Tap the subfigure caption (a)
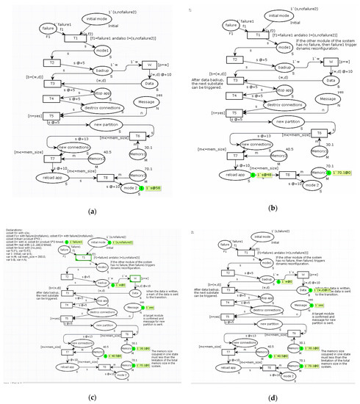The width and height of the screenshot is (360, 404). click(92, 212)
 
